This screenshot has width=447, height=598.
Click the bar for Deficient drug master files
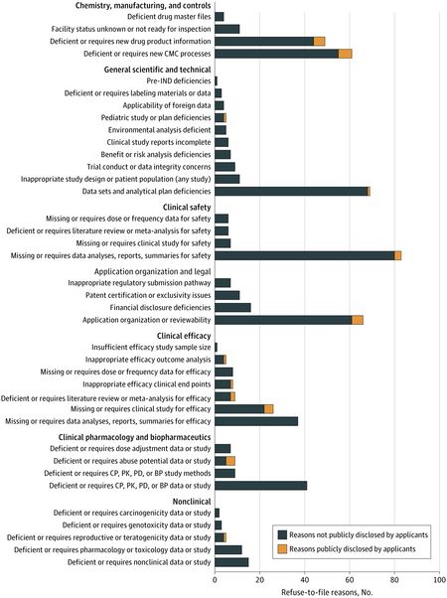pyautogui.click(x=220, y=17)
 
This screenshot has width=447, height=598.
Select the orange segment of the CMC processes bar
pyautogui.click(x=345, y=54)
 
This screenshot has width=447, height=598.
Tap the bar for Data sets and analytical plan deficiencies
pyautogui.click(x=292, y=192)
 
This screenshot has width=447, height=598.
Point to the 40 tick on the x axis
pyautogui.click(x=305, y=573)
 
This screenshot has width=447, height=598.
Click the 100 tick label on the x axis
pyautogui.click(x=440, y=580)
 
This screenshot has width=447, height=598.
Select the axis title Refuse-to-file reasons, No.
pyautogui.click(x=327, y=592)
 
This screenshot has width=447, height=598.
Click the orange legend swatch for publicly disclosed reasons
pyautogui.click(x=282, y=549)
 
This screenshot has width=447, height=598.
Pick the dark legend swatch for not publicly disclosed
pyautogui.click(x=282, y=534)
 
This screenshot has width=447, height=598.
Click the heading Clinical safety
pyautogui.click(x=187, y=207)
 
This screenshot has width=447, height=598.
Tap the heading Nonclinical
pyautogui.click(x=192, y=502)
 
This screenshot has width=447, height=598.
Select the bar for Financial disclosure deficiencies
pyautogui.click(x=232, y=307)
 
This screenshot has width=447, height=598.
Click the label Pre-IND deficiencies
pyautogui.click(x=179, y=80)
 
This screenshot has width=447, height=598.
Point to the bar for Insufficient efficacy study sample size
pyautogui.click(x=216, y=348)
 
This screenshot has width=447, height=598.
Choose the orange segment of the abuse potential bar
pyautogui.click(x=230, y=461)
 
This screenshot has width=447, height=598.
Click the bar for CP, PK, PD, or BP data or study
pyautogui.click(x=261, y=486)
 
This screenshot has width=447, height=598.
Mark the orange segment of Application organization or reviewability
pyautogui.click(x=358, y=320)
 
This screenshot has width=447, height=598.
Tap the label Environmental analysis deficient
pyautogui.click(x=159, y=130)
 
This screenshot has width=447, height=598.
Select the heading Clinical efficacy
pyautogui.click(x=184, y=336)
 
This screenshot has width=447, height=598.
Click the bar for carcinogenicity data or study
pyautogui.click(x=217, y=513)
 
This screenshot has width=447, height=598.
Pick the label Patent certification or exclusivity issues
pyautogui.click(x=148, y=295)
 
